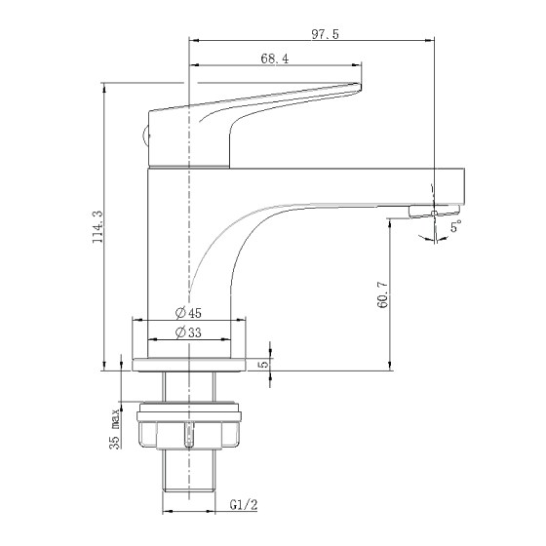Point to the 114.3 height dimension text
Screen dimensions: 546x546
click(97, 229)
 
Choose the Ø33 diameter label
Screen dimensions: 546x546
click(189, 333)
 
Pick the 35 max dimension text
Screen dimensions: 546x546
click(116, 430)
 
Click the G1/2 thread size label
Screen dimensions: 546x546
click(244, 505)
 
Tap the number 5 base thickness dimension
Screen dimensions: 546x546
click(262, 364)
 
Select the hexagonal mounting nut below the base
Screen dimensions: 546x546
click(190, 429)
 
